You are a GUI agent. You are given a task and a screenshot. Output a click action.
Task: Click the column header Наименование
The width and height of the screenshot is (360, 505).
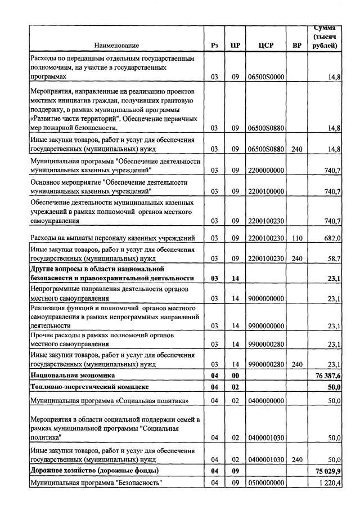pos(116,45)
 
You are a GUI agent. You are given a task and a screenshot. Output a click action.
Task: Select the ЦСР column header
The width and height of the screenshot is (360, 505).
pos(266,45)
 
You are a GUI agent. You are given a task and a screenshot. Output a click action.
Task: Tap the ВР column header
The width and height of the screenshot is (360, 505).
pos(297,45)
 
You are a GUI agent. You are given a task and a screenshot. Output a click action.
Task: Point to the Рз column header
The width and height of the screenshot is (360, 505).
pos(214,45)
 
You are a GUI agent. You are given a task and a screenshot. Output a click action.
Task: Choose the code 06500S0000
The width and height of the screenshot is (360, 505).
pos(266,76)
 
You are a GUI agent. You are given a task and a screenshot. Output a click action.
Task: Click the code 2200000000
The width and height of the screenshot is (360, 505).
pos(266,169)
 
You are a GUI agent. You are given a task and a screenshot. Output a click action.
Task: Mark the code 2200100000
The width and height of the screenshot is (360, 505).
pos(266,191)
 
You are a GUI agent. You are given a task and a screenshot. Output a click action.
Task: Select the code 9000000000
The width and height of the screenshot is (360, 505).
pos(266,298)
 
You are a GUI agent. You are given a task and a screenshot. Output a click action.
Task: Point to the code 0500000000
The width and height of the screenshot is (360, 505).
pos(266,483)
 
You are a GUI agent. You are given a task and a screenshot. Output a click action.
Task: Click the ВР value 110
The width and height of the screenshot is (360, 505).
pos(297,238)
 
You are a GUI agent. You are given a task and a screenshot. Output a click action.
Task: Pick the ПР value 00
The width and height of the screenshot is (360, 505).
pos(236,375)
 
